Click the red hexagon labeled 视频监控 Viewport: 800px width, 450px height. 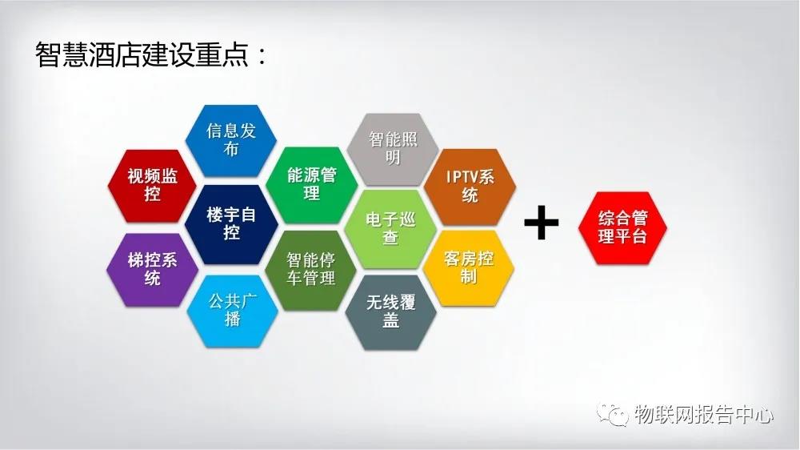tap(152, 186)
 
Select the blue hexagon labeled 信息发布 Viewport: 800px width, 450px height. tap(231, 140)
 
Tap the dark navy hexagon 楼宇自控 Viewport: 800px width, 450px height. tap(231, 224)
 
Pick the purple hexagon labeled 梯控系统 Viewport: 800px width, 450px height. tap(152, 269)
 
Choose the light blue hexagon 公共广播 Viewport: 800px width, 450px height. tap(232, 311)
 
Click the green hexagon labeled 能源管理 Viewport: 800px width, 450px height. tap(312, 185)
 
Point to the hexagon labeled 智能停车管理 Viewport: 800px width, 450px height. tap(310, 270)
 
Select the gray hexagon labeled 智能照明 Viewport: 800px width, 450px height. tap(392, 149)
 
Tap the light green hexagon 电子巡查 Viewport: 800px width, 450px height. tap(390, 229)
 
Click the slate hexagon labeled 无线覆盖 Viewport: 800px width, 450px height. tap(391, 312)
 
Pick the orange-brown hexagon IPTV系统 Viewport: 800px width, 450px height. tap(470, 187)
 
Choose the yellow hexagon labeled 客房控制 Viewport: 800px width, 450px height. tap(468, 267)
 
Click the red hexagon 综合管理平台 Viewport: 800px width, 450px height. tap(622, 228)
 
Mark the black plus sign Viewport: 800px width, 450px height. tap(542, 222)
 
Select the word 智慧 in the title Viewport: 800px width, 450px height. tap(62, 54)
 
